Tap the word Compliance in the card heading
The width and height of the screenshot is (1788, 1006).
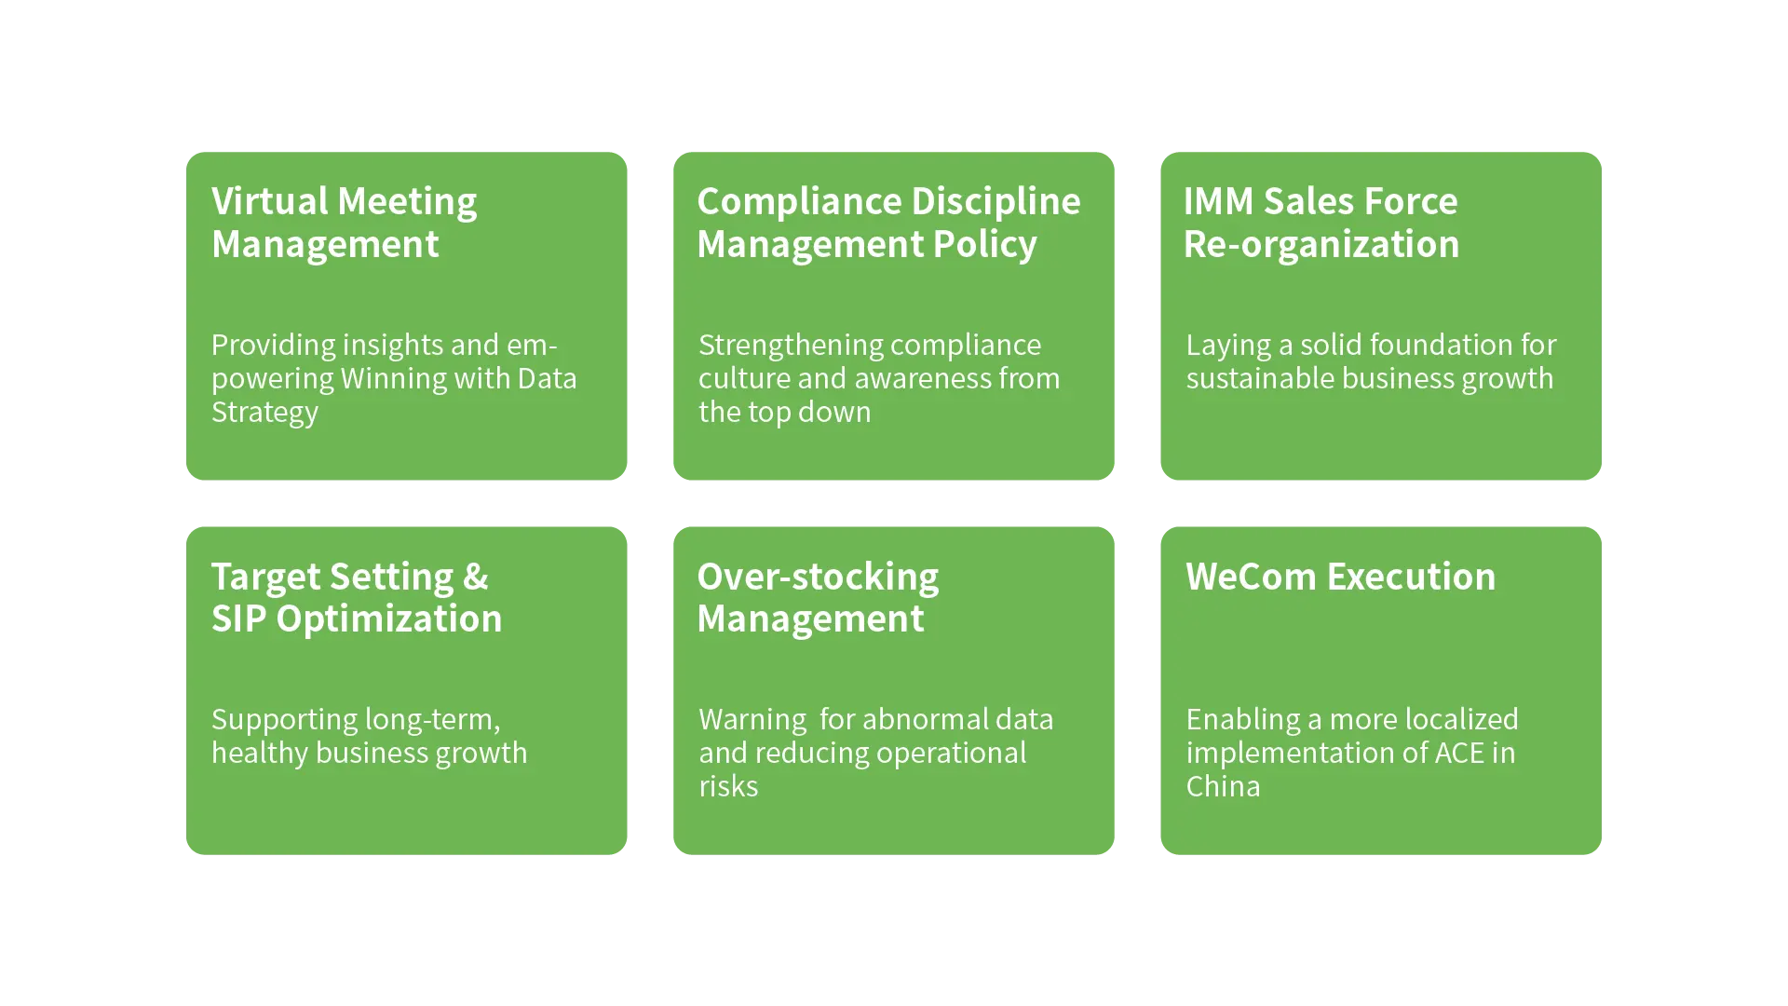(x=797, y=201)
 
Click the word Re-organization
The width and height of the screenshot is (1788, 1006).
(x=1321, y=244)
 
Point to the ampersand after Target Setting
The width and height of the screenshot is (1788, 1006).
(x=475, y=577)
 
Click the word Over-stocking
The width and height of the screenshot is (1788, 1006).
(x=818, y=577)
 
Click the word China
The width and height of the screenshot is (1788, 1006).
(x=1223, y=786)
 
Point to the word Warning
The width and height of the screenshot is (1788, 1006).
(x=752, y=719)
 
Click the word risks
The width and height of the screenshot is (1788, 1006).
(x=728, y=786)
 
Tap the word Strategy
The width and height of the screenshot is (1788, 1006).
(x=264, y=412)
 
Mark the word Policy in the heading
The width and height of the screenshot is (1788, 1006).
(x=984, y=244)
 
